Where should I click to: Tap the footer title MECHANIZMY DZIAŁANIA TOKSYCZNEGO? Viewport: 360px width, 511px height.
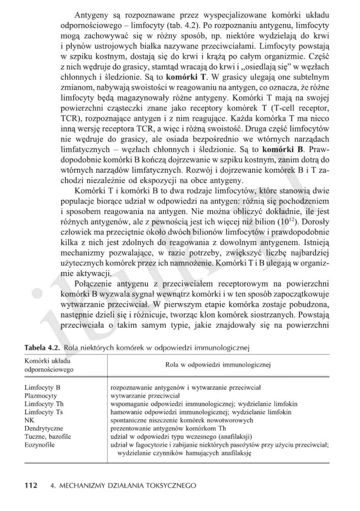pyautogui.click(x=127, y=486)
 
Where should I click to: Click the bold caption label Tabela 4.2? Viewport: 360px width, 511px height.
pyautogui.click(x=42, y=347)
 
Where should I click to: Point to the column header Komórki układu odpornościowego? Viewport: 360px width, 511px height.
pyautogui.click(x=49, y=365)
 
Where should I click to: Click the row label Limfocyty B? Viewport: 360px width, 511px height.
pyautogui.click(x=42, y=387)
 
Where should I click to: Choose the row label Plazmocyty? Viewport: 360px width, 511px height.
pyautogui.click(x=41, y=396)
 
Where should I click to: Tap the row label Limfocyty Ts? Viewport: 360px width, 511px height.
pyautogui.click(x=43, y=412)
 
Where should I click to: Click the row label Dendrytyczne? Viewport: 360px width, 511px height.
pyautogui.click(x=44, y=428)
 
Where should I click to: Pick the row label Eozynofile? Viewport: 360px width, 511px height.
pyautogui.click(x=39, y=445)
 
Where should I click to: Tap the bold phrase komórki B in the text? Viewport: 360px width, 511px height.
pyautogui.click(x=284, y=150)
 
